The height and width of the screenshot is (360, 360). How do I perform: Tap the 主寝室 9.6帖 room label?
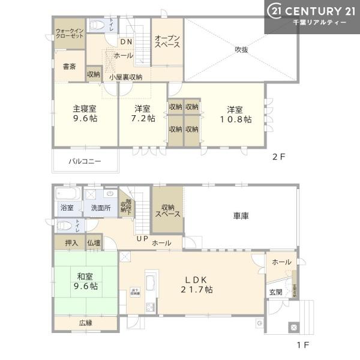coord(85,113)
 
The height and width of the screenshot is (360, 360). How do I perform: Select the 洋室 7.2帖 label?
coord(142,113)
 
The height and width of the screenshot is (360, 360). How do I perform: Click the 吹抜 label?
coord(242,50)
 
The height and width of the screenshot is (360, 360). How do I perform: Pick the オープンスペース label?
coord(167,41)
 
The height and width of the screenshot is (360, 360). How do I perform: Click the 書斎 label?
coord(69,67)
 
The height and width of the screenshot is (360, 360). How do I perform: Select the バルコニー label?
coord(85,161)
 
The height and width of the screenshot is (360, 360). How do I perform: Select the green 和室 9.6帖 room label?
coord(85,281)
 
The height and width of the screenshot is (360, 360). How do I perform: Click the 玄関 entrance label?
coord(275,292)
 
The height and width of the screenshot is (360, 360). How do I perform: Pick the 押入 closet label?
coord(71,243)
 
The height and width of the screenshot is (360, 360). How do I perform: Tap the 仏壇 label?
coord(94,243)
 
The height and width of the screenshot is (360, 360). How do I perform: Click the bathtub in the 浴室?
coord(65,195)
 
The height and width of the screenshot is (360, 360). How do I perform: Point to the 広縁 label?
coord(85,323)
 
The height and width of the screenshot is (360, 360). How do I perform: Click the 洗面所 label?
coord(101,208)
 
